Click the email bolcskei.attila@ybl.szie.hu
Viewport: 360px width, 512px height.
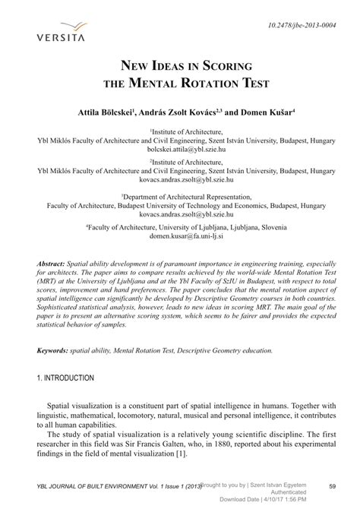tap(180, 150)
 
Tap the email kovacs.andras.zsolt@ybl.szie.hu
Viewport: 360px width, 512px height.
tap(180, 182)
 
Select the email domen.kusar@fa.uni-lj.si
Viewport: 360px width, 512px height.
tap(180, 236)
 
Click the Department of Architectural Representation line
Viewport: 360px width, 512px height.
tap(180, 195)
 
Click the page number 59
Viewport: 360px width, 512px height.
tap(331, 486)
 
